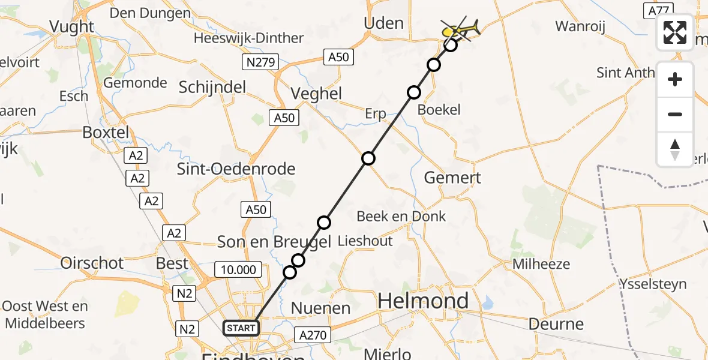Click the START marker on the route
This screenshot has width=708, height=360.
241,328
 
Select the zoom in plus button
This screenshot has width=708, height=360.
675,80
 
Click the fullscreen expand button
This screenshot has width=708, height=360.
675,32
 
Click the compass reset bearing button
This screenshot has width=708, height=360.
675,149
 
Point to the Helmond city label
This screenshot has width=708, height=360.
424,301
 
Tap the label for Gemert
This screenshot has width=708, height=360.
452,178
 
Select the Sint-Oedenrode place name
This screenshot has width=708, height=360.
236,169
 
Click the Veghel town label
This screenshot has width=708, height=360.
316,94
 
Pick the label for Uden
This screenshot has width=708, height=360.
383,23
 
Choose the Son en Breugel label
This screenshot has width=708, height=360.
274,242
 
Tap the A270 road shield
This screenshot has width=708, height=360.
313,335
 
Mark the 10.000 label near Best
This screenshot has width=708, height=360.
239,270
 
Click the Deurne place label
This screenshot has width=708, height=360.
556,324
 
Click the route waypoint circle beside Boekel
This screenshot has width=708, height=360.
414,92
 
